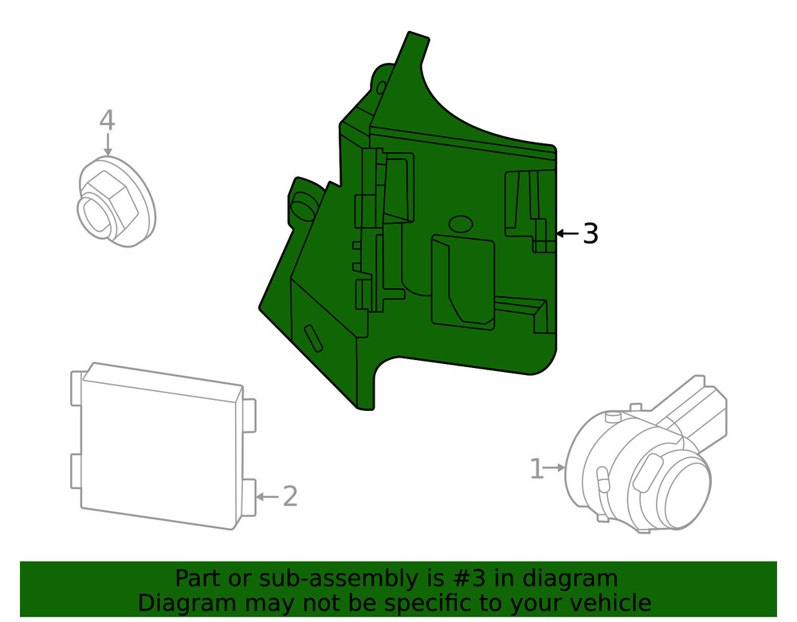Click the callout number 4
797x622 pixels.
point(107,121)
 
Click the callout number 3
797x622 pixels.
point(590,234)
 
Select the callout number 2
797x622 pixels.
point(290,497)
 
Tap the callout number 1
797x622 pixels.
point(537,469)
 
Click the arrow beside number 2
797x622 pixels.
point(267,497)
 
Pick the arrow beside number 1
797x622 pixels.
point(556,468)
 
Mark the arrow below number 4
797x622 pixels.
point(107,145)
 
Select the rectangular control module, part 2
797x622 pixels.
point(159,446)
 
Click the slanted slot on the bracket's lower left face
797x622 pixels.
point(313,338)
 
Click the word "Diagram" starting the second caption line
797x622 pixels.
point(184,603)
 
